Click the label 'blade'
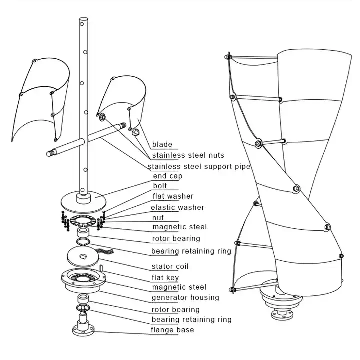pos(162,144)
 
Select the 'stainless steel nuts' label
pos(188,155)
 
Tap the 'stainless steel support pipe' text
pos(199,166)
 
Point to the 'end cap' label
pos(167,176)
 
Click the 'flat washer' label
pos(172,196)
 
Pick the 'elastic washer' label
pos(177,207)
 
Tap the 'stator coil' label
pos(170,266)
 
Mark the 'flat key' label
pos(165,277)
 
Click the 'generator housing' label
pos(185,297)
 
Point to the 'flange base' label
pos(172,330)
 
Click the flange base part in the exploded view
pos(82,329)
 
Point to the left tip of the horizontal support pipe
pos(49,153)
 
